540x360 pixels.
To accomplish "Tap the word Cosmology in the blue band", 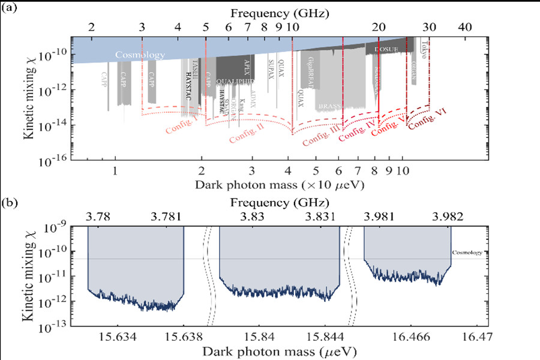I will pos(140,55).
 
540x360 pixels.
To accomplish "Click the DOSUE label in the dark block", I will pos(386,50).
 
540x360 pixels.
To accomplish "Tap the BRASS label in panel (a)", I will pos(329,106).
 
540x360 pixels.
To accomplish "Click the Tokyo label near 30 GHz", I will pos(424,49).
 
